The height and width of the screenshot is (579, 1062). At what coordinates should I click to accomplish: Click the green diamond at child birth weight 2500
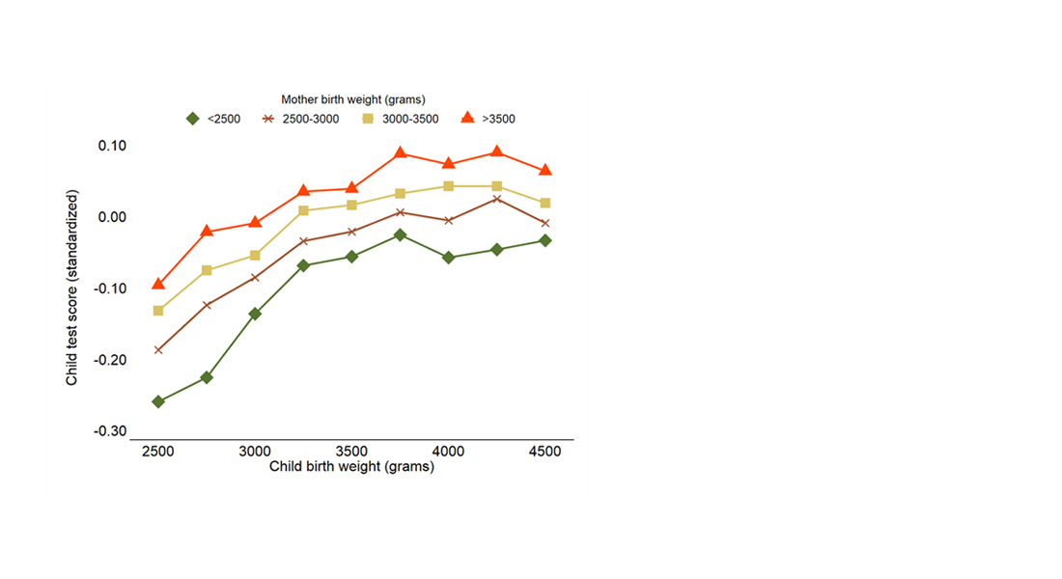158,401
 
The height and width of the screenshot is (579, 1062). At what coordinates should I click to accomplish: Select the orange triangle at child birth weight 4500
545,170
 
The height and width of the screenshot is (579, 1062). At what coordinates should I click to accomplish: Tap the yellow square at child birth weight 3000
255,256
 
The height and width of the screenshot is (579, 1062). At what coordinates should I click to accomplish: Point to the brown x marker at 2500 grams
158,349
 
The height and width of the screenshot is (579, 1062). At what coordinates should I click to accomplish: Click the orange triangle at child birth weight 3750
400,153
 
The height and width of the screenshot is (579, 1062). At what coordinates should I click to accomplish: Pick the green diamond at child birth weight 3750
400,234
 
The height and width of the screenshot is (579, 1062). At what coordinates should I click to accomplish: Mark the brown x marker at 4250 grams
496,199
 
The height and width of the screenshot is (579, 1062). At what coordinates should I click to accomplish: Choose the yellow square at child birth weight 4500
545,203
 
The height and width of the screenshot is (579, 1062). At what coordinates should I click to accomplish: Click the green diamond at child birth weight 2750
207,377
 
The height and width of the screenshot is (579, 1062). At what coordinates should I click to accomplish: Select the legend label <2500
217,120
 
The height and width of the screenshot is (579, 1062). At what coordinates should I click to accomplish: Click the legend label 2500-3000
307,120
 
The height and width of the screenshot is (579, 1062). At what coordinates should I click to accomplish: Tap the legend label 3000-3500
412,120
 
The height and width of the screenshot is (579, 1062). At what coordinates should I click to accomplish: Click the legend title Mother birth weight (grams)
353,98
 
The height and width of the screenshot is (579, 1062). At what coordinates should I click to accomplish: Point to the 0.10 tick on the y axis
112,146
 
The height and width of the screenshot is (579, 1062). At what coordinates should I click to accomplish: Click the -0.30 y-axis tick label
110,431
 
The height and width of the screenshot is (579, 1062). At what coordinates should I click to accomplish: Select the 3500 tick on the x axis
351,452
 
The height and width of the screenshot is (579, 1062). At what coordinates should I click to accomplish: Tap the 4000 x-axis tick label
448,452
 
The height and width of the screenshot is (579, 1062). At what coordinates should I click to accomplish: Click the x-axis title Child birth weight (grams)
351,467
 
